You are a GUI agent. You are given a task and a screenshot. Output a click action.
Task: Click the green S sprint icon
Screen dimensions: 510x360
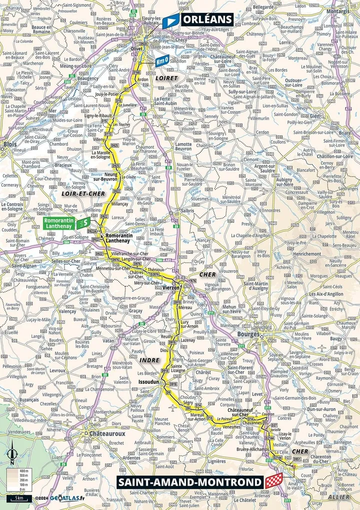[x=86, y=222]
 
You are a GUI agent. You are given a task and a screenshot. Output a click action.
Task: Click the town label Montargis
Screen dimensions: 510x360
[x=338, y=11]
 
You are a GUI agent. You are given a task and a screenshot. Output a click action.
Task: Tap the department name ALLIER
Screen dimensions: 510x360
[x=338, y=496]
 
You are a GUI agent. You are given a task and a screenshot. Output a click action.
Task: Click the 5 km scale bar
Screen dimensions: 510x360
[x=19, y=498]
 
